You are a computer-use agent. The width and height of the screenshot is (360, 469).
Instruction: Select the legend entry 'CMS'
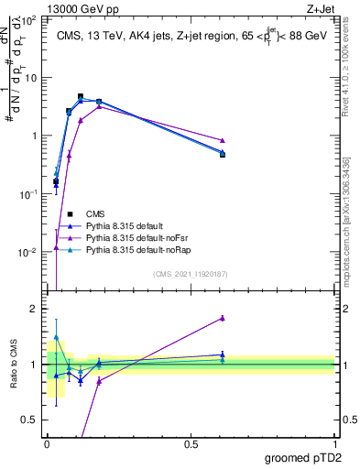point(97,213)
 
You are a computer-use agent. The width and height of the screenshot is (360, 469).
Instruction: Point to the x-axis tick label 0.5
point(191,443)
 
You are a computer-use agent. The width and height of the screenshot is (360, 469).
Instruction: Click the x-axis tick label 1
point(334,443)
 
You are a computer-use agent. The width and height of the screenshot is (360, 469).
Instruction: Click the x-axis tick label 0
point(48,443)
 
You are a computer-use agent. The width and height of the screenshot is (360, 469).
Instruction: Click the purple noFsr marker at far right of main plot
point(223,140)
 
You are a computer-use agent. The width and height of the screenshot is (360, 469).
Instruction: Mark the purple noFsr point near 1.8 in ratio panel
point(223,318)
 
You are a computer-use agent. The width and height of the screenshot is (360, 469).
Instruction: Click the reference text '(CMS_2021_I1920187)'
point(191,273)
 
